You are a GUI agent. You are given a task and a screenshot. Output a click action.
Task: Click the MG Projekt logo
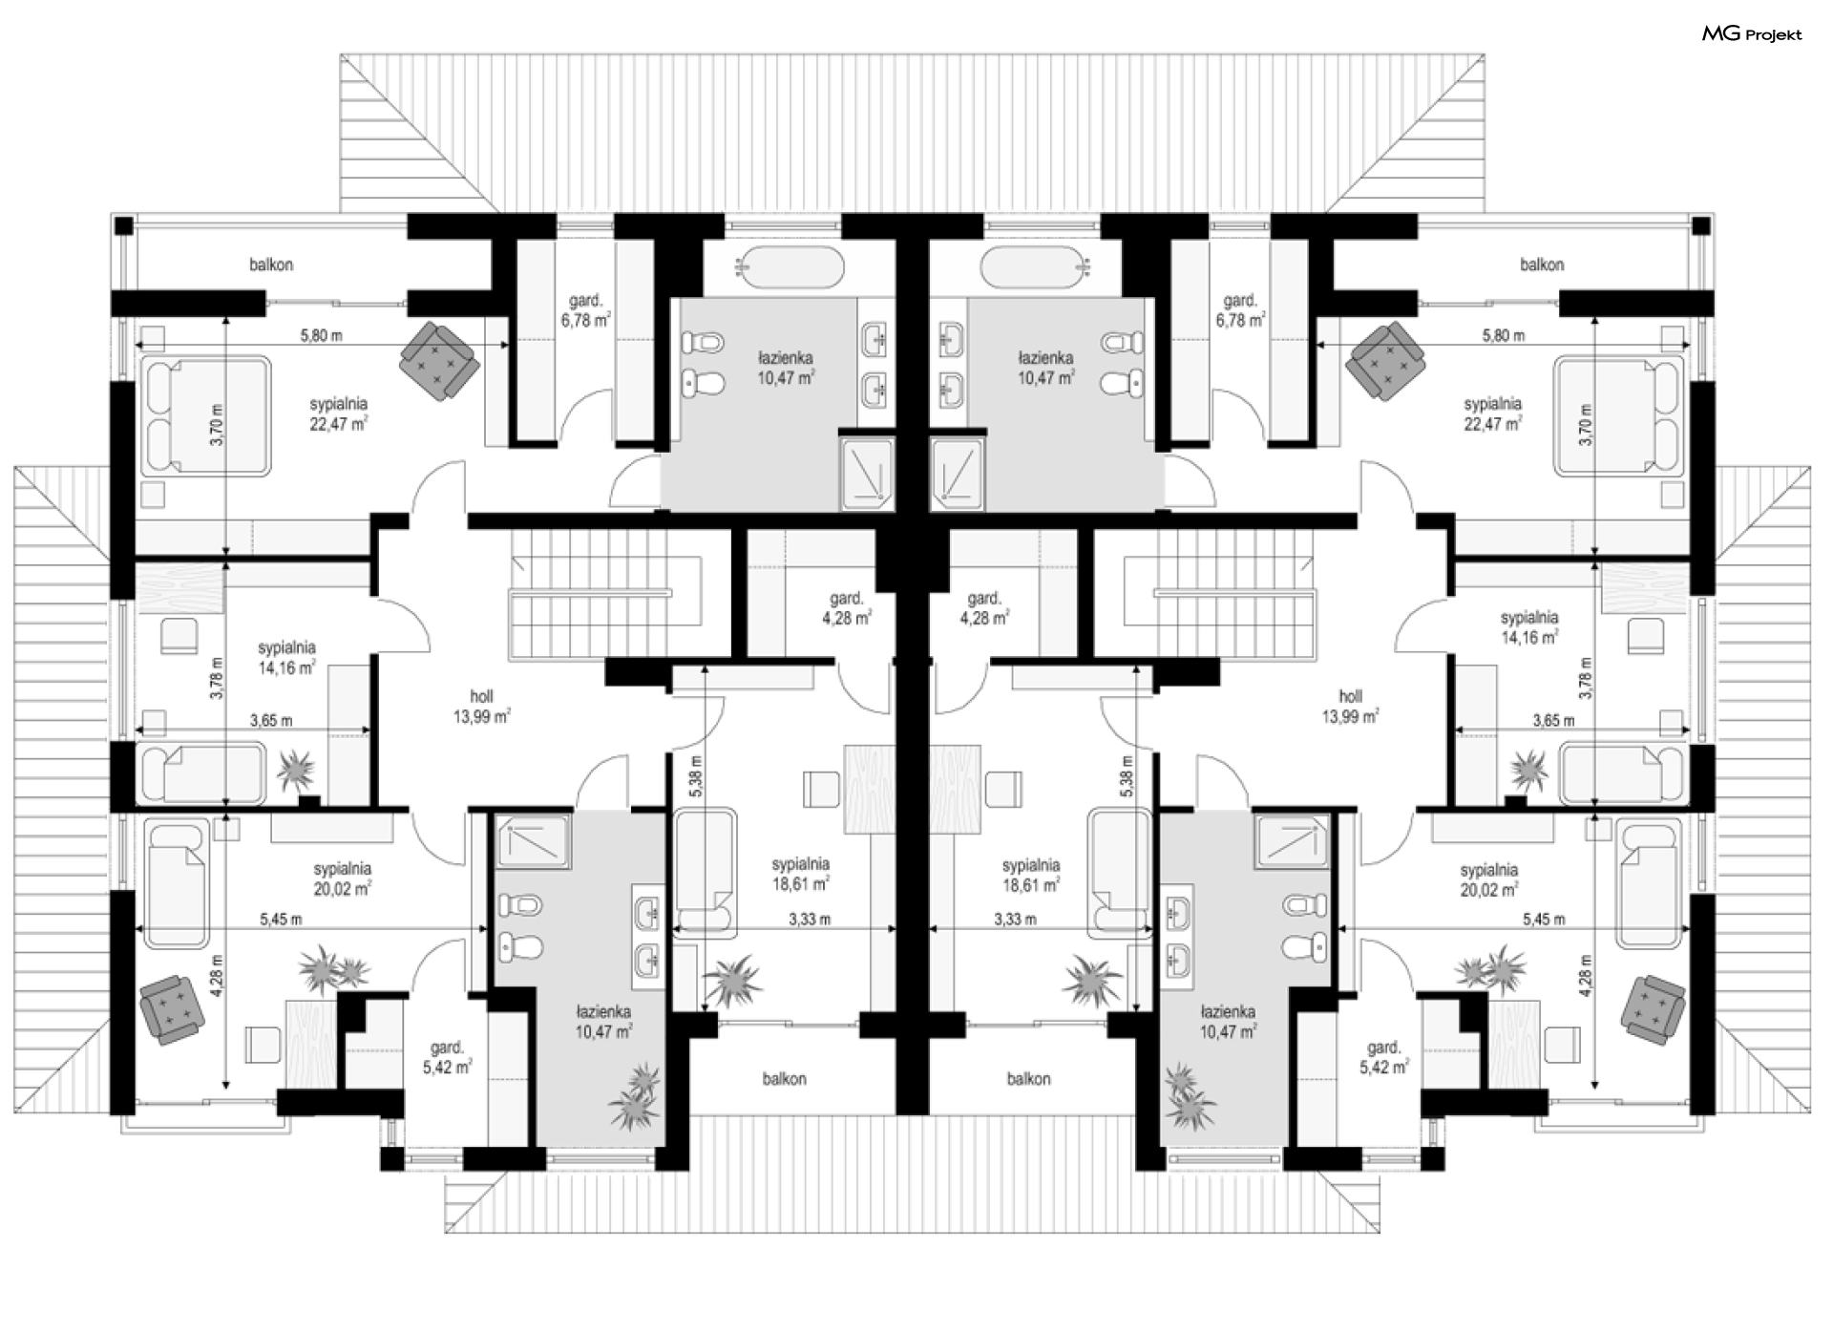tap(1752, 34)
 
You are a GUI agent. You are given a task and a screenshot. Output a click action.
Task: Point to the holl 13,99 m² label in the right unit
tap(1350, 707)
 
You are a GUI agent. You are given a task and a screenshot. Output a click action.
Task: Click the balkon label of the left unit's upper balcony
tap(271, 265)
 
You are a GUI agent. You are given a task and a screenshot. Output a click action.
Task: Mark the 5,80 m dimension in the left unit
tap(321, 336)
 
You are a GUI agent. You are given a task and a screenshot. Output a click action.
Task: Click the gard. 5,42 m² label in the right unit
tap(1384, 1058)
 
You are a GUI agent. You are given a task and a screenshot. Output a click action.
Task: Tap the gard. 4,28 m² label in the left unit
tap(847, 608)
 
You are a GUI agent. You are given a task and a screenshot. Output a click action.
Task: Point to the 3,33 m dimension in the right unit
tap(1015, 920)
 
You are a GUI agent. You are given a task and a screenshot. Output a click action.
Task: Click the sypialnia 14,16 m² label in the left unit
tap(286, 657)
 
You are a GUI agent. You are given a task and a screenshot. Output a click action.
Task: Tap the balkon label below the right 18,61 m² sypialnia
tap(1028, 1079)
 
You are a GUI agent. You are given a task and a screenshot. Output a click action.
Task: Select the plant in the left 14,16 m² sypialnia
tap(297, 769)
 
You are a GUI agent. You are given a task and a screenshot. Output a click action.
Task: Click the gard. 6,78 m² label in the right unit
tap(1241, 310)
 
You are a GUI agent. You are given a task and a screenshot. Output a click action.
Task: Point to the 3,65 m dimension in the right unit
tap(1553, 720)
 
